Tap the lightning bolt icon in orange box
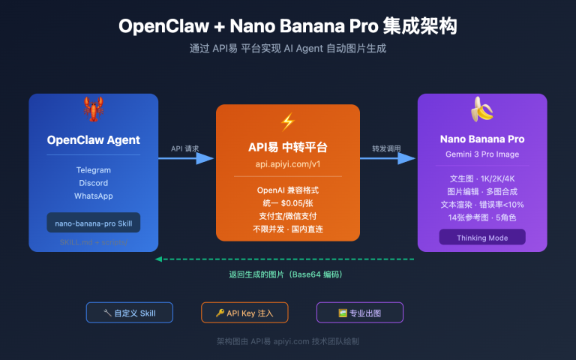(x=288, y=121)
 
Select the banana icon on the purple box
(x=481, y=111)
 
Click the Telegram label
(x=93, y=170)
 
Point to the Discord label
(x=93, y=183)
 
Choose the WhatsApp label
(x=93, y=196)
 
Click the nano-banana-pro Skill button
(x=93, y=223)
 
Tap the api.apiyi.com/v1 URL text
(x=288, y=162)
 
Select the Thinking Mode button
(x=481, y=237)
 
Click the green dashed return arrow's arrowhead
(x=159, y=259)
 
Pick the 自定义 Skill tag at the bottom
(x=130, y=313)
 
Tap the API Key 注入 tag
(x=244, y=313)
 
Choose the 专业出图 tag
(x=359, y=313)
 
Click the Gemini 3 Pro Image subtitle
(x=481, y=154)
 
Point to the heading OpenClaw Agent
(x=93, y=139)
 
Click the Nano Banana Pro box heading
(x=481, y=139)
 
